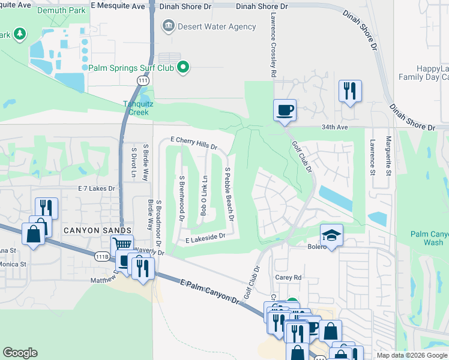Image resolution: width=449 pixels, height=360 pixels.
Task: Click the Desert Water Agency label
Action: point(217,26)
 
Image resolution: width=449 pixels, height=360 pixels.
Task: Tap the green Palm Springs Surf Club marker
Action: point(185,67)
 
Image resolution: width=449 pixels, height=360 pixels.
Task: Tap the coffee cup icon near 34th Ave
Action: point(285,110)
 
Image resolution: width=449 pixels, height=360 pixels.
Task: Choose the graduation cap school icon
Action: point(331,235)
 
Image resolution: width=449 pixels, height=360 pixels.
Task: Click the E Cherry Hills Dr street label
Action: point(193,143)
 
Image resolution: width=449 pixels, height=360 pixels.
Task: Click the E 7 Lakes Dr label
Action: point(96,188)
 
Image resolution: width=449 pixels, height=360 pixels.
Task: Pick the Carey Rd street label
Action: point(288,278)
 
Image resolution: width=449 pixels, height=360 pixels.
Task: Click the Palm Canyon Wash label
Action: point(429,238)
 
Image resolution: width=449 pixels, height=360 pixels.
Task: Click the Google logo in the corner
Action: point(20,352)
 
